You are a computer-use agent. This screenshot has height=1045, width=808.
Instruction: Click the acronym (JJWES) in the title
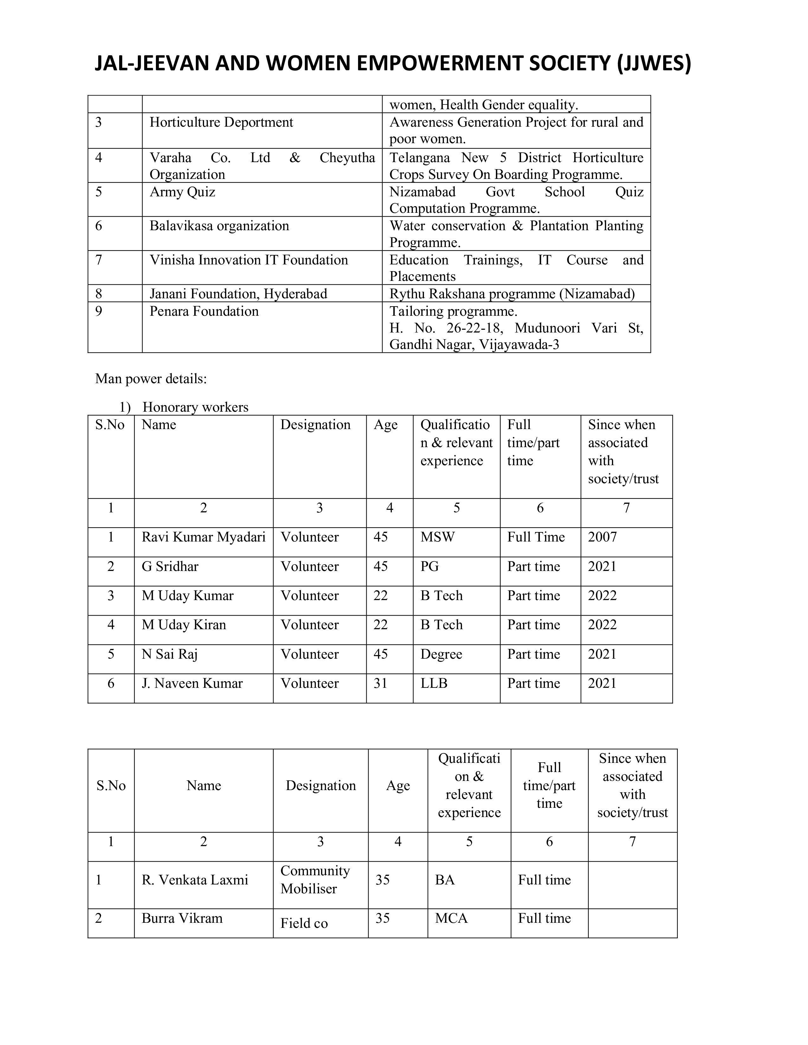pos(654,64)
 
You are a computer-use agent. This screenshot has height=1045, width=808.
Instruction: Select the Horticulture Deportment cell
pos(221,123)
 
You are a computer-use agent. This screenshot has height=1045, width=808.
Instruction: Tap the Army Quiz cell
pos(183,192)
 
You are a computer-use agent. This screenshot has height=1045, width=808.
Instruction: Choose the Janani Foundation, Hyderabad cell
pos(238,294)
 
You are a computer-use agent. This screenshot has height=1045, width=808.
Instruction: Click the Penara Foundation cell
pos(204,312)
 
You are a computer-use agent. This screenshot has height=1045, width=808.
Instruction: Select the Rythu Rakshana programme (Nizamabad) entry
pos(512,294)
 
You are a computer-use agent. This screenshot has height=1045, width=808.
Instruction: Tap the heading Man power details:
pos(151,379)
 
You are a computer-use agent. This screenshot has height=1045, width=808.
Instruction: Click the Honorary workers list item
pos(195,407)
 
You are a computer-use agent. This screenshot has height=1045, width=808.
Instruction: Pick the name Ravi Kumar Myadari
pos(203,537)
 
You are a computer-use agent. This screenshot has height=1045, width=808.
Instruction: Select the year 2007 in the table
pos(602,537)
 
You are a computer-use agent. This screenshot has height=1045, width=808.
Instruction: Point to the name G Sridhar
pos(170,567)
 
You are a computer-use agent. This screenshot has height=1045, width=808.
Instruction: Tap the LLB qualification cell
pos(434,684)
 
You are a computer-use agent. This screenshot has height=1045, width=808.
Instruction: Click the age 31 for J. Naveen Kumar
pos(381,684)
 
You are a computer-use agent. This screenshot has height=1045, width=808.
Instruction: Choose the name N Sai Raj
pos(170,655)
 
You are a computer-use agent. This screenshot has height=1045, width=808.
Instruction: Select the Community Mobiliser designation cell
pos(315,879)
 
